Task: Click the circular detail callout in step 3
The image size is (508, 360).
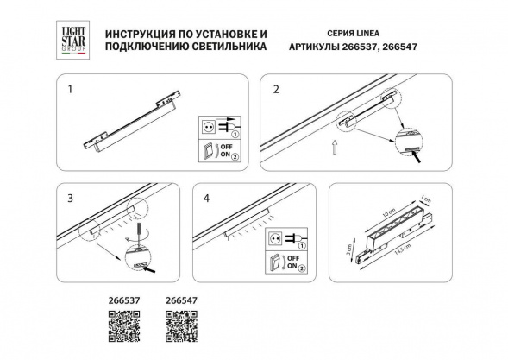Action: (x=139, y=256)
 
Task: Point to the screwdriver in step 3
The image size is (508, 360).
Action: (x=131, y=231)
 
